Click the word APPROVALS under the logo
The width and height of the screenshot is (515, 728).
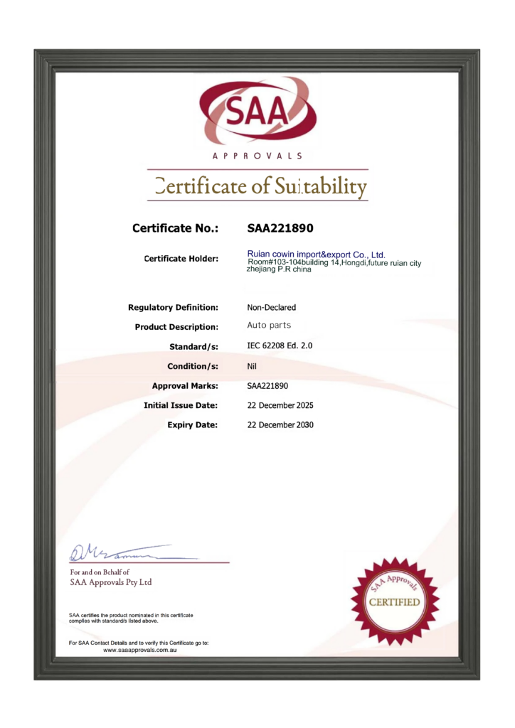[257, 156]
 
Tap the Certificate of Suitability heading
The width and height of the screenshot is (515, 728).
[261, 186]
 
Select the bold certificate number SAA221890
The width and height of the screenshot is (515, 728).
[280, 229]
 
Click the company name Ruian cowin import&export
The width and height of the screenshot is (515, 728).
[316, 254]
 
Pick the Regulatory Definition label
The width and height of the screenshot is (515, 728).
[173, 308]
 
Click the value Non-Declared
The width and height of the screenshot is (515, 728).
[271, 308]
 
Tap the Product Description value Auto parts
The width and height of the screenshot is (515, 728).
[269, 326]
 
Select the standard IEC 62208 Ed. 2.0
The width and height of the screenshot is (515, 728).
[280, 346]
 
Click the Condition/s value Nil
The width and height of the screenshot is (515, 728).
[252, 366]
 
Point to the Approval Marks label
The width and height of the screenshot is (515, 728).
[184, 386]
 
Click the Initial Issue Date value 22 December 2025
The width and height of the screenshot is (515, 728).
[280, 405]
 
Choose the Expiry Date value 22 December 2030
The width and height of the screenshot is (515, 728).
[280, 425]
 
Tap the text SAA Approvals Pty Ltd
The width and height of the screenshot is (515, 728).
[111, 582]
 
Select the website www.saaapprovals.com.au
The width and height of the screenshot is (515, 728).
[140, 651]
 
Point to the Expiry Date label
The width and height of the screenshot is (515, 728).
[192, 425]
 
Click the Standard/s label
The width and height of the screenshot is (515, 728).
[193, 346]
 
